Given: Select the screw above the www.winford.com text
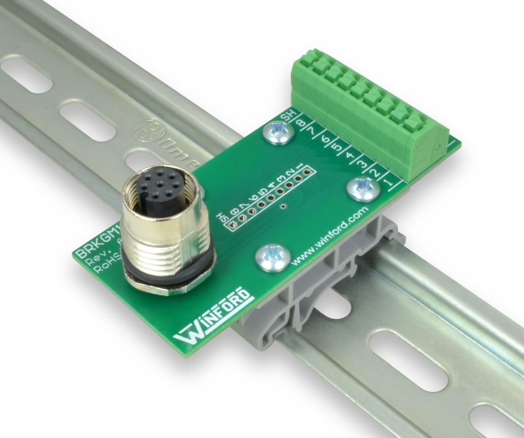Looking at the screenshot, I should pyautogui.click(x=272, y=256).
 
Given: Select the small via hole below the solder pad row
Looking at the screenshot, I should pyautogui.click(x=283, y=206).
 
